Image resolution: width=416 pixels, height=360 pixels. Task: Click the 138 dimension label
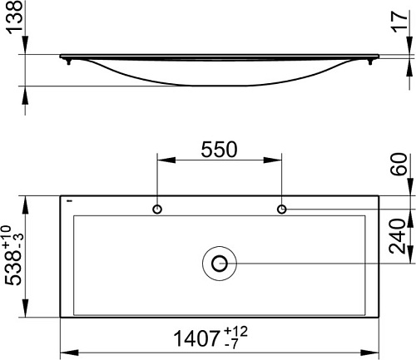tap(14, 17)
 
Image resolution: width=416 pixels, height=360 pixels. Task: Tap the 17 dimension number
tap(401, 21)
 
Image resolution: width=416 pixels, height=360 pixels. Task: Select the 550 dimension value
tap(219, 150)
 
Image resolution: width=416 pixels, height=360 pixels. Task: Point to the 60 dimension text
tap(399, 164)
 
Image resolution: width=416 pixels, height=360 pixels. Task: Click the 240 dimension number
tap(397, 236)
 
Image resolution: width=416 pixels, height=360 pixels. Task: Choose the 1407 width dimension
tap(196, 338)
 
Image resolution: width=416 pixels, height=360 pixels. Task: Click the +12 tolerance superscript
tap(235, 332)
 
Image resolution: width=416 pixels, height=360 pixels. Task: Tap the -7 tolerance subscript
tap(230, 344)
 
